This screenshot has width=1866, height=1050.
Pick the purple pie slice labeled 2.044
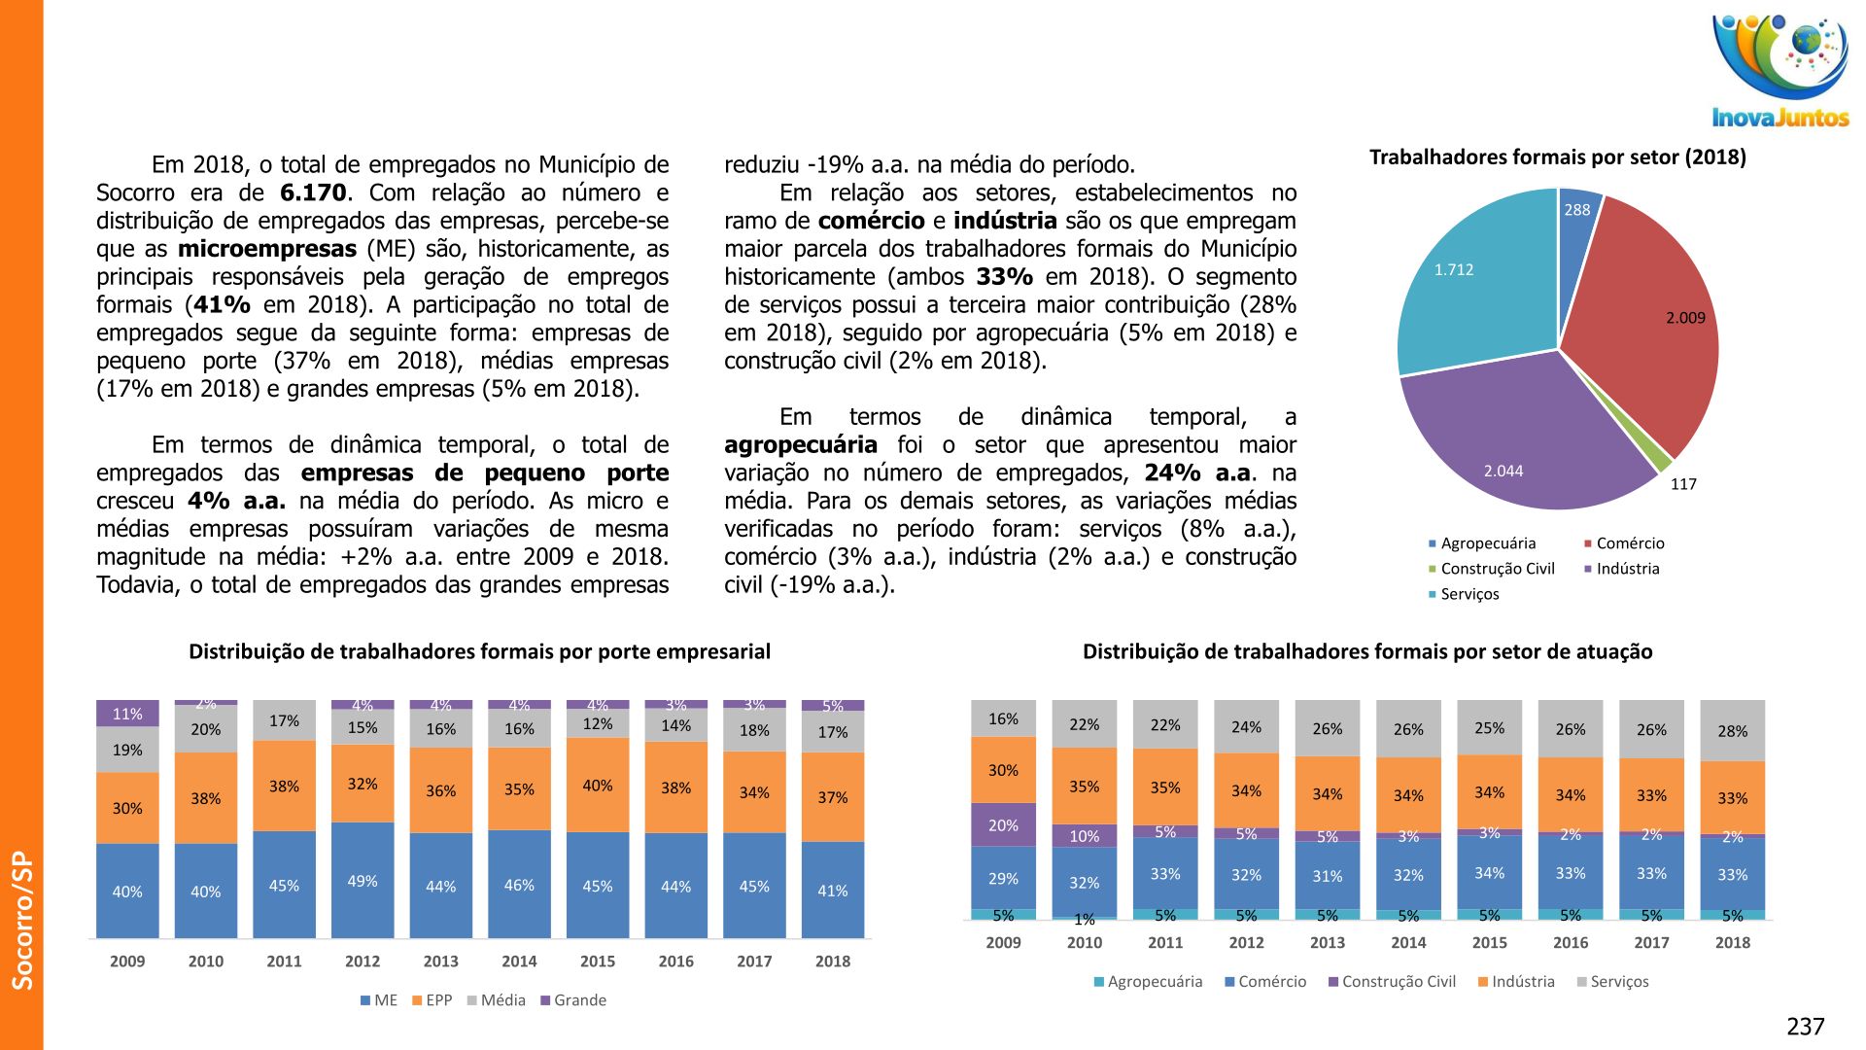click(x=1516, y=437)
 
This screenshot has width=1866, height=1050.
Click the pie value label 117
click(x=1683, y=484)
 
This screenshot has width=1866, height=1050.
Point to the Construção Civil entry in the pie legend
click(x=1497, y=569)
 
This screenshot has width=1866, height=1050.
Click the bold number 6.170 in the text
click(x=313, y=192)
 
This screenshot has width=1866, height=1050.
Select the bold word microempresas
click(x=267, y=249)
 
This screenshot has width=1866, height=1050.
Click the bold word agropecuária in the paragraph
click(x=801, y=445)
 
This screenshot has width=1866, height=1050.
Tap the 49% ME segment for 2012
click(x=363, y=881)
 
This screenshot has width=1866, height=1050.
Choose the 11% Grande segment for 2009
click(x=127, y=714)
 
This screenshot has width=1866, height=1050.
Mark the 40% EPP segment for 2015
click(x=598, y=786)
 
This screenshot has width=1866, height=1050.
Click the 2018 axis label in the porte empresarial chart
click(x=833, y=962)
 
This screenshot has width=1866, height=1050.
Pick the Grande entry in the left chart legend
click(x=579, y=1000)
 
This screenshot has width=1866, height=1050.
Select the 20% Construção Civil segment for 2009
click(x=1003, y=825)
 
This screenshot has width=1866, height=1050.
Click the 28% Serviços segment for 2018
click(x=1732, y=731)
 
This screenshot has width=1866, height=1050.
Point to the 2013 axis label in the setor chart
click(x=1328, y=943)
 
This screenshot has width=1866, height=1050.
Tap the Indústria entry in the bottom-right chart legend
click(x=1522, y=982)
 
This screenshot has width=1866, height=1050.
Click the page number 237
click(x=1806, y=1027)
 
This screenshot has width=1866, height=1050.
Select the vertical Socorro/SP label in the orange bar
click(x=21, y=920)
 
